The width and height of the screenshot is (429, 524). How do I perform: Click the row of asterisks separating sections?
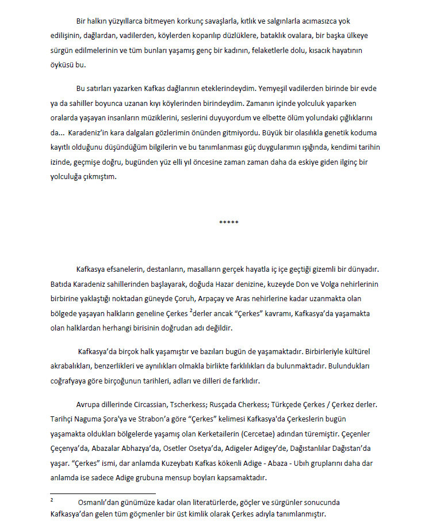pos(213,222)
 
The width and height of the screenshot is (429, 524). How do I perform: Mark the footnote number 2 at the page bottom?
pos(51,501)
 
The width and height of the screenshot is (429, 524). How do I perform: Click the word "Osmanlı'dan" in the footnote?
pos(98,502)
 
